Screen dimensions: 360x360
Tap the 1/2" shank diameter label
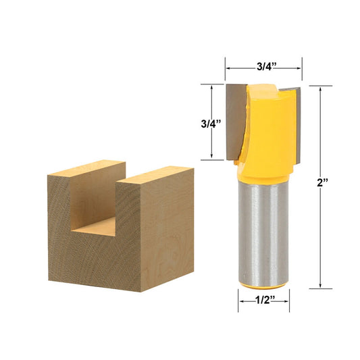tap(264, 302)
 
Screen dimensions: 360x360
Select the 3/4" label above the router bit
tap(263, 67)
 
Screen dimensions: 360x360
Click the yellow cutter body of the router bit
tap(266, 128)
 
